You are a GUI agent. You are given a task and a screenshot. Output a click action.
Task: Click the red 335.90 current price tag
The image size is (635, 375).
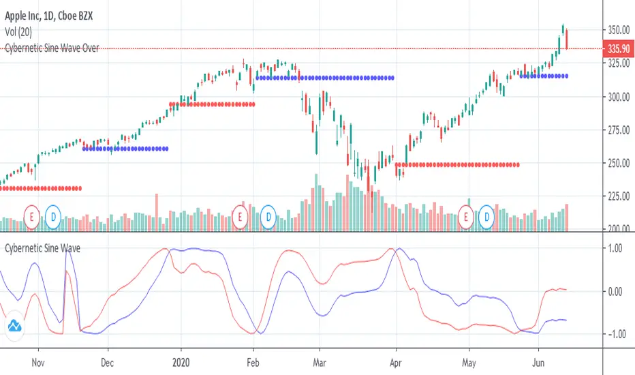[618, 49]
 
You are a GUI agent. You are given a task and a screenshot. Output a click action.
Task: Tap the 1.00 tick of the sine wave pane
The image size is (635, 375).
[618, 249]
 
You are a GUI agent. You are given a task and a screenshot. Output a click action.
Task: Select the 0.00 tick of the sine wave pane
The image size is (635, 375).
[618, 291]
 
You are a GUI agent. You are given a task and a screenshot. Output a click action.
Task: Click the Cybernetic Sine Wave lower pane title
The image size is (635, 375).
[42, 249]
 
